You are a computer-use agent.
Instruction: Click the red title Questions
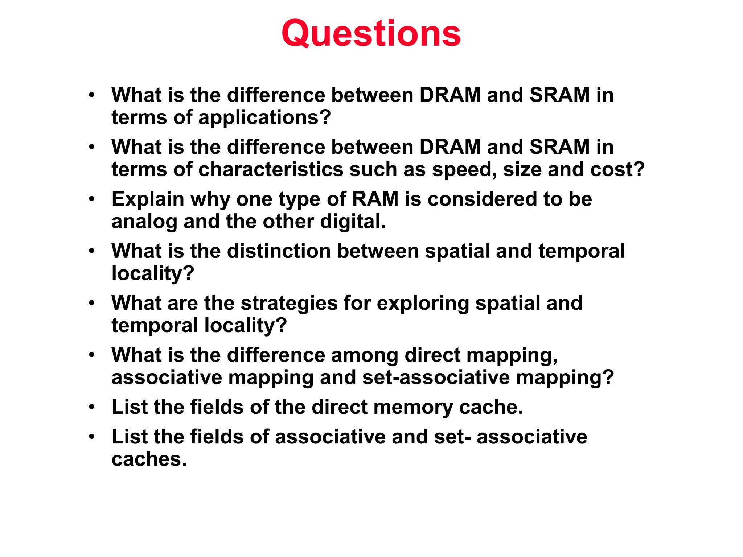371,33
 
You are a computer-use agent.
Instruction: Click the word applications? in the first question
264,117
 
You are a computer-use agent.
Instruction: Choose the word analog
144,222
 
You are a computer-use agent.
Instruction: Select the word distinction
279,251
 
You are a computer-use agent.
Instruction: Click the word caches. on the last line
149,459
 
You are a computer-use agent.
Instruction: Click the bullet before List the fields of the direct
92,407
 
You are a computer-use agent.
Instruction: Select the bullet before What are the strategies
92,303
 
